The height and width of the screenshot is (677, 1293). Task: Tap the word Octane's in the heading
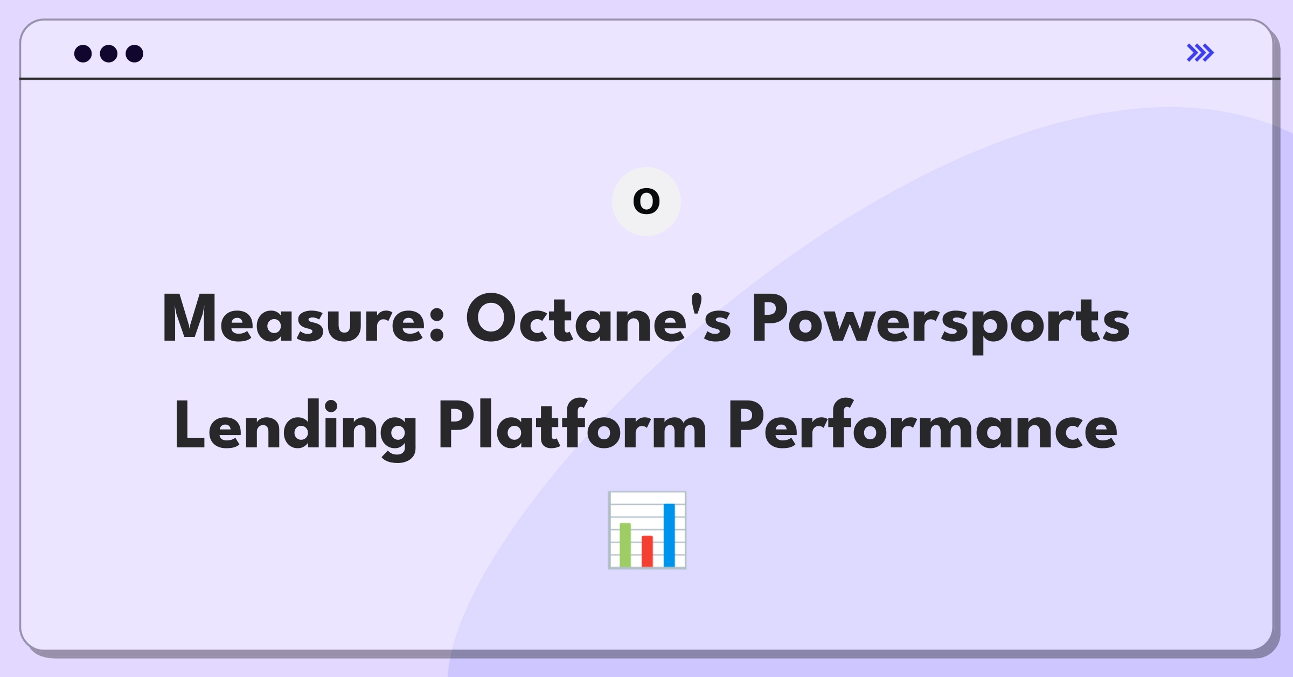tap(599, 319)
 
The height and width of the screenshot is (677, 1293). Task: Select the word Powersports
tap(941, 322)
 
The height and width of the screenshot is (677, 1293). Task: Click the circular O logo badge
tap(646, 202)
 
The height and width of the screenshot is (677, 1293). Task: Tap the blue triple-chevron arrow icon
tap(1200, 53)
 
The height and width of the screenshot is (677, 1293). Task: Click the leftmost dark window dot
tap(83, 53)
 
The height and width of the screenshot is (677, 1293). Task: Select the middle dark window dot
tap(109, 53)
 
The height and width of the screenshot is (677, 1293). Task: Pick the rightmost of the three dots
tap(134, 53)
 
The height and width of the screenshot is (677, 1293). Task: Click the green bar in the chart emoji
tap(625, 544)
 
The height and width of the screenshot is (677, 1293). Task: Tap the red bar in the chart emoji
tap(647, 551)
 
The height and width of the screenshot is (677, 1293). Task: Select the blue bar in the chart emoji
tap(669, 535)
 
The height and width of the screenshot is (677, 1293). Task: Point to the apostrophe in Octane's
tap(696, 304)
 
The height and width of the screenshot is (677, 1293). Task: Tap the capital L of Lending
tap(189, 425)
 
